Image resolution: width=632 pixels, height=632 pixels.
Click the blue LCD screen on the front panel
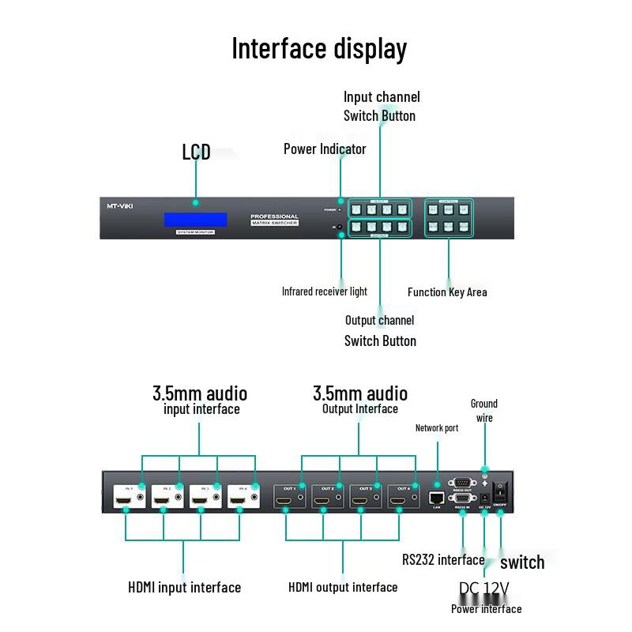coord(195,219)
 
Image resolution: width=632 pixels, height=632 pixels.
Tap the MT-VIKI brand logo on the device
coord(121,207)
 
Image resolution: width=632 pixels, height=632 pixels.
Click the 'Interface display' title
coord(319,48)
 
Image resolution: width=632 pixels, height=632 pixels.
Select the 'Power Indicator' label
coord(325,149)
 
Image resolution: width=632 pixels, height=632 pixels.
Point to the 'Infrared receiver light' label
coord(324,292)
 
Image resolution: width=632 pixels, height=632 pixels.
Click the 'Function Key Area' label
coord(447,292)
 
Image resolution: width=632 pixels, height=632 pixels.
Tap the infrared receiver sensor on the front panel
coord(340,228)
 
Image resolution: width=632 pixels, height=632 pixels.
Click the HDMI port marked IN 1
coord(124,501)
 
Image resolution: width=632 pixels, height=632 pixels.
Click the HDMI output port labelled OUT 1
coord(286,501)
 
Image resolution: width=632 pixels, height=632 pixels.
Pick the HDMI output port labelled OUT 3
coord(361,501)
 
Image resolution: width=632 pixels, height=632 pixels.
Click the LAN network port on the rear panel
coord(435,498)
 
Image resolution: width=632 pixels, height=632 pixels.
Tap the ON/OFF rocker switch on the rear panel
coord(499,489)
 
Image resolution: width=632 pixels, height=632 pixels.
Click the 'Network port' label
coord(437,428)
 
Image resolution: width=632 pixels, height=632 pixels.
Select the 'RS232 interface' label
coord(443,560)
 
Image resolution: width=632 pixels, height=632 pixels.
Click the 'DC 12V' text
coord(484,589)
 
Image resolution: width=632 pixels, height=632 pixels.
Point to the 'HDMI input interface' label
coord(184,588)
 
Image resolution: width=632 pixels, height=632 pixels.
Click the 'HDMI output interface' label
coord(343,587)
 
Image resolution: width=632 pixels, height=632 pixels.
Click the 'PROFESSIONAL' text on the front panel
coord(274,216)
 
